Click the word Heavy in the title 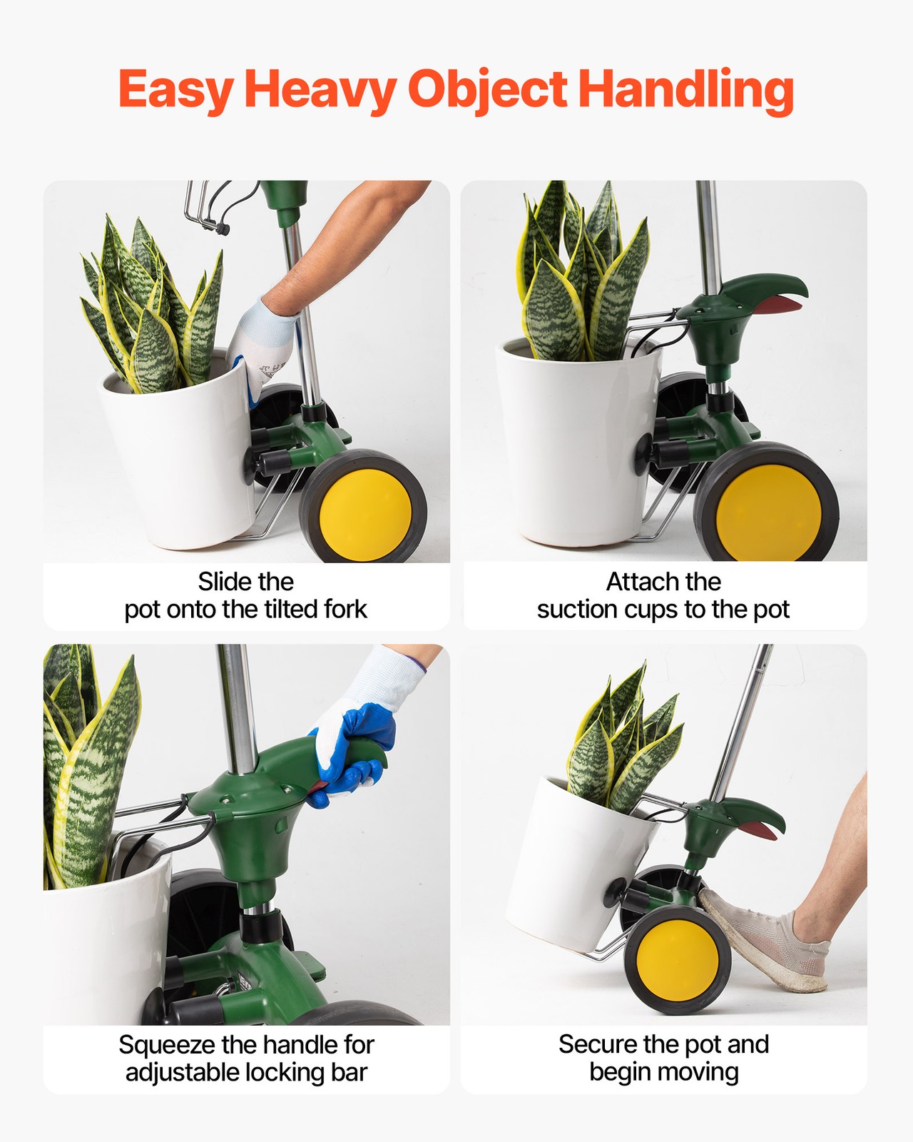coord(320,91)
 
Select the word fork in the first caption coord(345,610)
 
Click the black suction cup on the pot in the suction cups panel coord(643,454)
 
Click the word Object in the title coord(487,91)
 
